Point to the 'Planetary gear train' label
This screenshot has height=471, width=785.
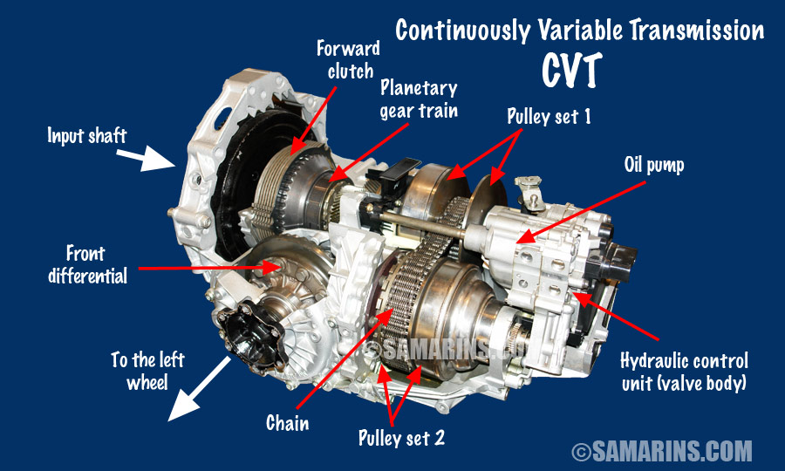pos(419,97)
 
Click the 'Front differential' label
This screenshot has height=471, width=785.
pos(98,264)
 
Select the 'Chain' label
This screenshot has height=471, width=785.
pos(288,424)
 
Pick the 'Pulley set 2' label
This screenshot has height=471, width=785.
pos(401,437)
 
